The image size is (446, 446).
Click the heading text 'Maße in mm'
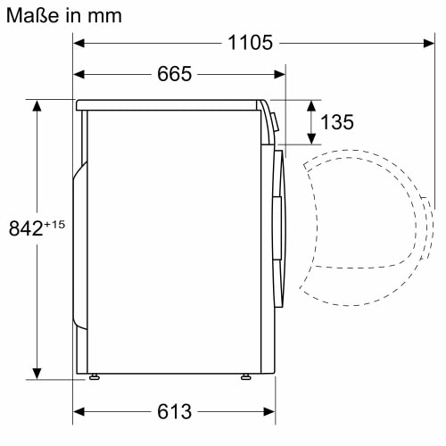point(62,15)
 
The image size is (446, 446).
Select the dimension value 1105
point(249,43)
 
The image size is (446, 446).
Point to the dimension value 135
point(337,122)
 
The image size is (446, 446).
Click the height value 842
point(25,228)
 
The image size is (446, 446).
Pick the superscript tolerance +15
point(54,223)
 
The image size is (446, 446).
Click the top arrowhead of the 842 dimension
point(37,105)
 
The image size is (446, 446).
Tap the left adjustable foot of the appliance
point(94,378)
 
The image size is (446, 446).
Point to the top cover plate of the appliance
point(169,104)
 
